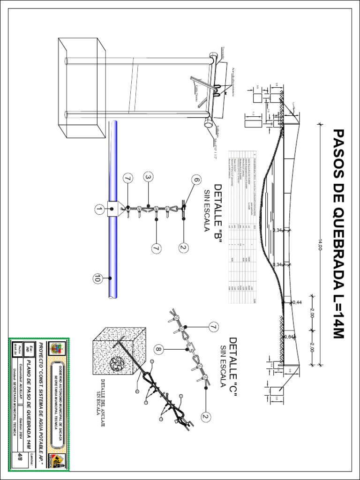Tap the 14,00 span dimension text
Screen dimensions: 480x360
click(x=321, y=244)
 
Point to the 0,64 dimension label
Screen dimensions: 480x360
click(x=289, y=337)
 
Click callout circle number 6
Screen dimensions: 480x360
click(x=196, y=180)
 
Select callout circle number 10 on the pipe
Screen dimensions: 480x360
click(x=97, y=278)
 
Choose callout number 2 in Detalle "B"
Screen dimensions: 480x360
click(x=183, y=247)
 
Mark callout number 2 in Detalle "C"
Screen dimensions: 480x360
click(x=205, y=416)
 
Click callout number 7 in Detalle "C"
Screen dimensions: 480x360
click(x=214, y=326)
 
